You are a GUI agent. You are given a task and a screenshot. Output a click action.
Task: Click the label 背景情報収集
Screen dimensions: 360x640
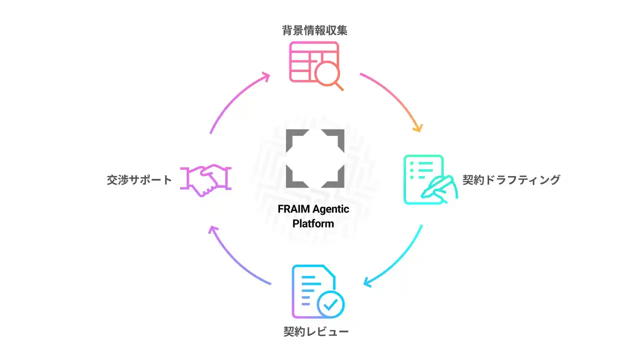coord(314,30)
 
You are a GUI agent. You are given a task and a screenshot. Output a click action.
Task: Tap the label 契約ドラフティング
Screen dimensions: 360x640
coord(511,180)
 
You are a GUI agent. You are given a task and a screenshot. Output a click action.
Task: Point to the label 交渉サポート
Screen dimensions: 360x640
coord(139,180)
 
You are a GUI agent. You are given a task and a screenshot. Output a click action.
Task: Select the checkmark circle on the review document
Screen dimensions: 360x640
coord(330,303)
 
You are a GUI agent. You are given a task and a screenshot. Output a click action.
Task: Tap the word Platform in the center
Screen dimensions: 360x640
coord(313,223)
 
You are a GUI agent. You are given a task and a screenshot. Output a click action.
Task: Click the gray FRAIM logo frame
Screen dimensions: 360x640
coord(315,158)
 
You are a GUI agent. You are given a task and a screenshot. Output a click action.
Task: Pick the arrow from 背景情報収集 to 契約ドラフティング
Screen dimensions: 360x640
coord(397,97)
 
